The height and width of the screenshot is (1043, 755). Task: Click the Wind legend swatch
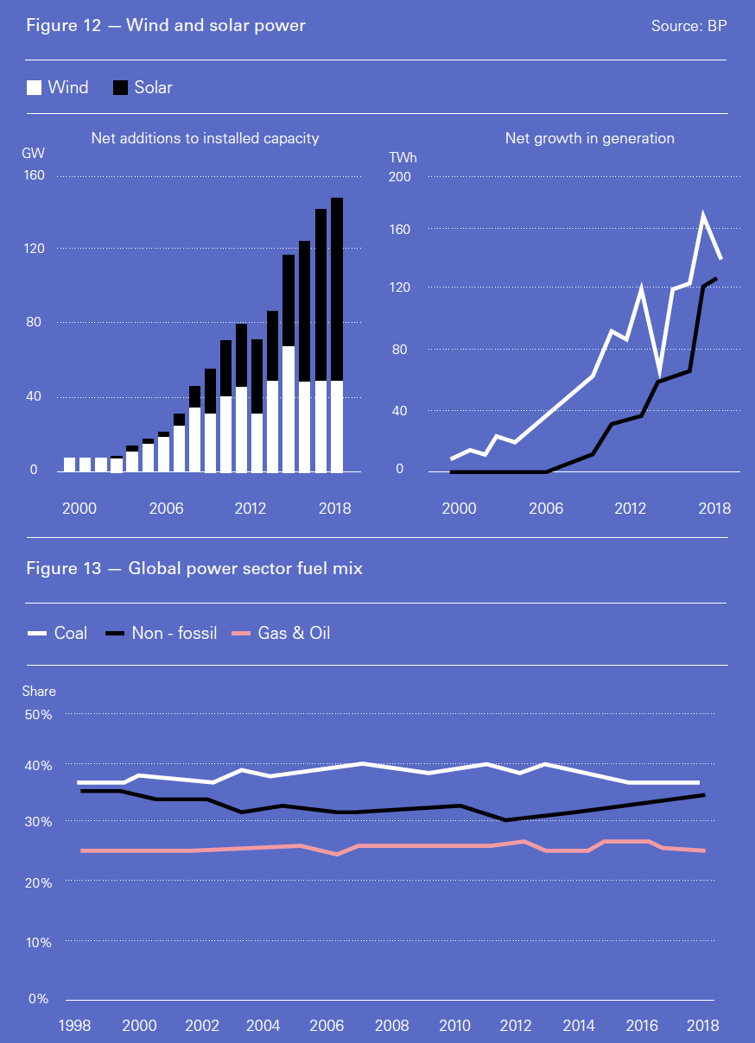pos(35,87)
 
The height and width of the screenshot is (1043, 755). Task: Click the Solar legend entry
pos(143,87)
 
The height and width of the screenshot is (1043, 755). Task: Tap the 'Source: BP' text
pos(688,26)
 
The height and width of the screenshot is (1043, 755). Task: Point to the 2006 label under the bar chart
pos(166,508)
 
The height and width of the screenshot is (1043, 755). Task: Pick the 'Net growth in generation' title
pos(589,138)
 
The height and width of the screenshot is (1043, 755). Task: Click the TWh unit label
pos(403,157)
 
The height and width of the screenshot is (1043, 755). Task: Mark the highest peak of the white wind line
pos(704,214)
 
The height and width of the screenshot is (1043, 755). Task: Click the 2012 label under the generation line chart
pos(631,508)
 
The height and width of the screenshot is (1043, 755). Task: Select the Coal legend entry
pos(58,633)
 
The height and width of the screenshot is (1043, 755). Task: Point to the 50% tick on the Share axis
pos(39,715)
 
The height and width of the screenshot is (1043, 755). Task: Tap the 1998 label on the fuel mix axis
pos(76,1025)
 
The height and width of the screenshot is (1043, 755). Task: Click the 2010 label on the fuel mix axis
pos(454,1025)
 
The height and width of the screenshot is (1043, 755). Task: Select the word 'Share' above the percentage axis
pos(39,691)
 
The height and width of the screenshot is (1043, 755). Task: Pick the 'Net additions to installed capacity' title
pos(205,138)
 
